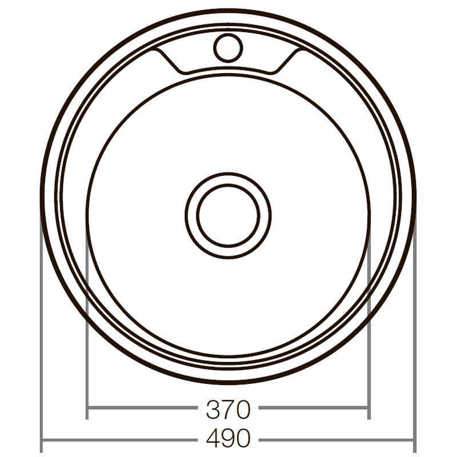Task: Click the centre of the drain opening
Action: click(x=228, y=215)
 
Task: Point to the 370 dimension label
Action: click(x=228, y=410)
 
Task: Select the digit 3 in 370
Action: click(x=213, y=410)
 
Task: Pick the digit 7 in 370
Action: click(x=228, y=410)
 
